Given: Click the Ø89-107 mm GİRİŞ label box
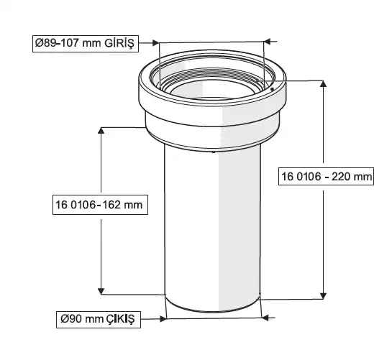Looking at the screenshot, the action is click(x=86, y=44).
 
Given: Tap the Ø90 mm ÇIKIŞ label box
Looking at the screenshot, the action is click(x=99, y=319).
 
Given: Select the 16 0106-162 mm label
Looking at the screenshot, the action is click(x=100, y=205).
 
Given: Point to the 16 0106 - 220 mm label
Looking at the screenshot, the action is click(x=326, y=177).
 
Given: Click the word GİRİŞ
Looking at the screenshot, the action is click(x=119, y=44).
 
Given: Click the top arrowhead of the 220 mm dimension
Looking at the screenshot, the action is click(x=324, y=83).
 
